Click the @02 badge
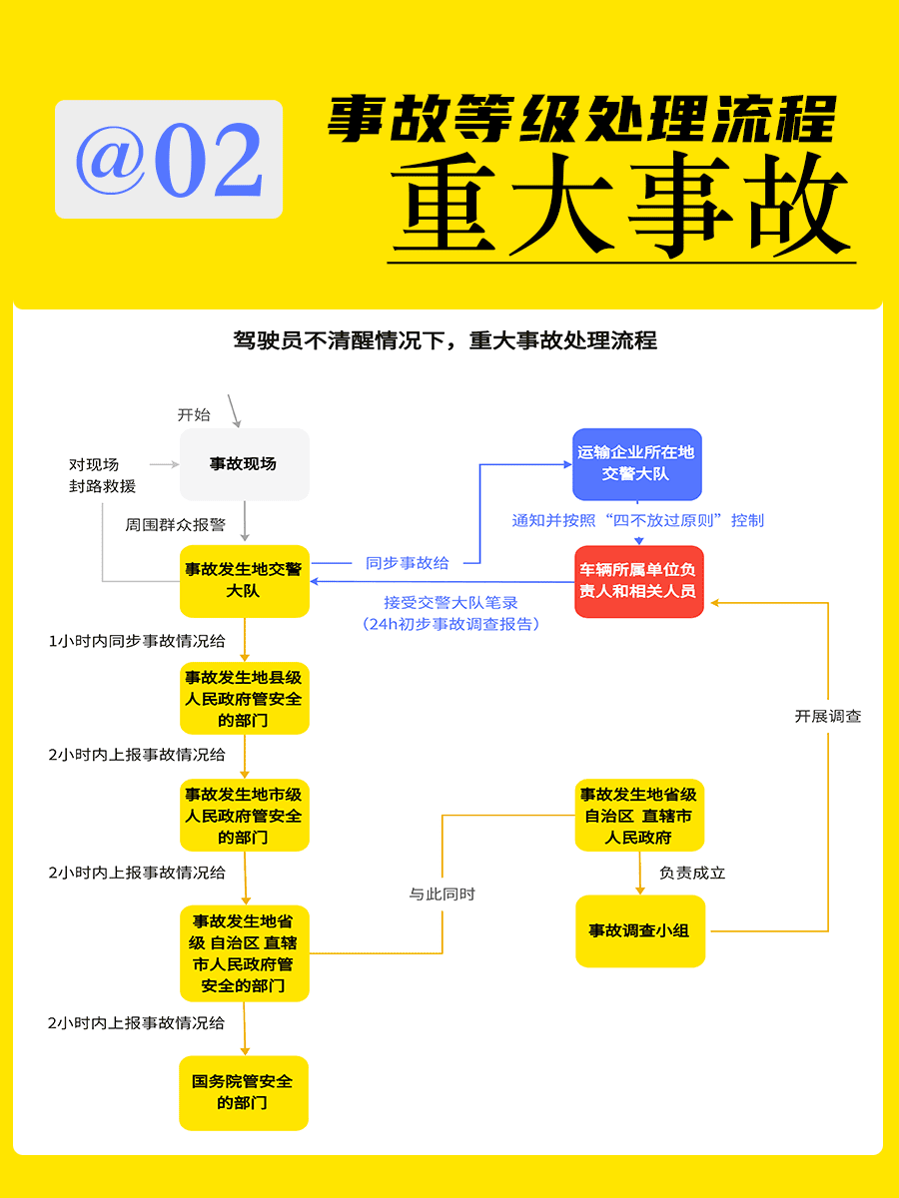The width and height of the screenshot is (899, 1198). tap(169, 159)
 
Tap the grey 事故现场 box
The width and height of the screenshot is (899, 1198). tap(245, 464)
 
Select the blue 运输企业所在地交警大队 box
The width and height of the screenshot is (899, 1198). tap(637, 464)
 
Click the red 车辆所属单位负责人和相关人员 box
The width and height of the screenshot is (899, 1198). tap(639, 581)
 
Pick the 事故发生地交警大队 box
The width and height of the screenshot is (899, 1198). tap(245, 581)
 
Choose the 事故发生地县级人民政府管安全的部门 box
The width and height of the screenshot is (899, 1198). tap(245, 698)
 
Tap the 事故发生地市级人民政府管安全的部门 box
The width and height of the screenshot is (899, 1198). tap(245, 815)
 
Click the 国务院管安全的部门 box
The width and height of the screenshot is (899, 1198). tap(244, 1092)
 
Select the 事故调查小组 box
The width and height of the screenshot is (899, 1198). tap(640, 931)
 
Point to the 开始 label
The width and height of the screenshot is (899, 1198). tap(194, 414)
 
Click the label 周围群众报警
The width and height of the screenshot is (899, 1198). tap(175, 525)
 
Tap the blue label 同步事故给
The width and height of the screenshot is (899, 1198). tap(408, 563)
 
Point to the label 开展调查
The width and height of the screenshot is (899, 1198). tap(827, 716)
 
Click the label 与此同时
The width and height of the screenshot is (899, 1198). tap(443, 894)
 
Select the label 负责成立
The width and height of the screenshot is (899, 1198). tap(692, 873)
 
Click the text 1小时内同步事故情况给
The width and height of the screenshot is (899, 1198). tap(137, 641)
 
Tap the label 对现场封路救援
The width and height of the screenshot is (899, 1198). tap(102, 475)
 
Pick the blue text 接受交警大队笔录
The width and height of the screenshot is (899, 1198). tap(450, 603)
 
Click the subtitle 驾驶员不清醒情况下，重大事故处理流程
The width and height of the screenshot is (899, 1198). tap(445, 340)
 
